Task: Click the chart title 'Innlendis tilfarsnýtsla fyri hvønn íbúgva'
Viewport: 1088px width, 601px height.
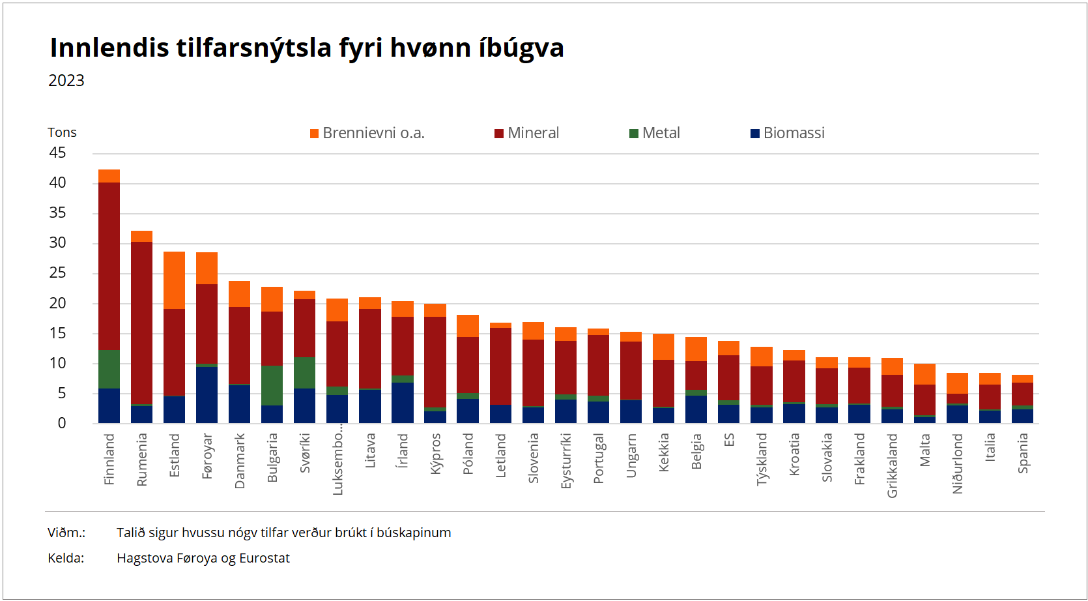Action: click(x=306, y=48)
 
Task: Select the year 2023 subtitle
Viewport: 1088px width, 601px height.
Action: click(x=66, y=81)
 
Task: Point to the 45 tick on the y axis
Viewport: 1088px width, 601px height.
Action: click(x=57, y=153)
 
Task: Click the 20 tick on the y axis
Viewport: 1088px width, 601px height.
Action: click(x=57, y=303)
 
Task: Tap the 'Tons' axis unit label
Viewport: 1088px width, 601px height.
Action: click(x=62, y=132)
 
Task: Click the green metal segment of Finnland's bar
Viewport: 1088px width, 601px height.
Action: click(x=109, y=370)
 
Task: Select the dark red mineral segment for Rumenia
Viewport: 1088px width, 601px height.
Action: click(x=141, y=323)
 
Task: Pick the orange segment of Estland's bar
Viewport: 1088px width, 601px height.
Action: click(x=174, y=280)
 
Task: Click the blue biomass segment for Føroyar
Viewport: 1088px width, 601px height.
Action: click(x=207, y=394)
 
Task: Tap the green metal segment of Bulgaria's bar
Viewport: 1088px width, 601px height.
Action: click(x=272, y=385)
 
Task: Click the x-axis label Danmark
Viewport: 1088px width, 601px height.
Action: click(x=240, y=461)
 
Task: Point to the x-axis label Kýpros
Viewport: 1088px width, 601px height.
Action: click(x=436, y=454)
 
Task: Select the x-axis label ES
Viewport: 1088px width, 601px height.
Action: click(x=729, y=440)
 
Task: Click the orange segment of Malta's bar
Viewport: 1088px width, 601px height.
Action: click(x=924, y=374)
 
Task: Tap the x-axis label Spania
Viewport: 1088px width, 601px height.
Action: click(x=1023, y=453)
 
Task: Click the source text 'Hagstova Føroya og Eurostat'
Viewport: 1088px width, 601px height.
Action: click(x=203, y=558)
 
